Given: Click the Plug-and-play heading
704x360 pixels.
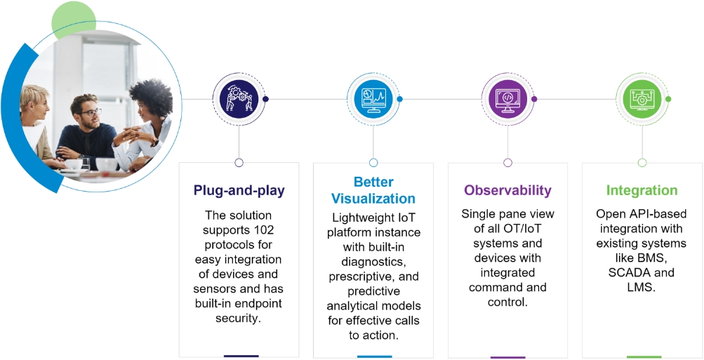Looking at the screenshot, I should [x=239, y=191].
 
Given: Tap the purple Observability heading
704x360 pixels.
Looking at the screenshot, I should [x=507, y=190].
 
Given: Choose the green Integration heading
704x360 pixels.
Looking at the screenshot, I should [x=642, y=190].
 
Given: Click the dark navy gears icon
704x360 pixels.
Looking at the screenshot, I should [x=239, y=99].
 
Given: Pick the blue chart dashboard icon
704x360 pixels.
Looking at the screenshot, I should [x=373, y=99].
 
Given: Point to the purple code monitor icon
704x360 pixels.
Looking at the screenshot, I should [x=507, y=99].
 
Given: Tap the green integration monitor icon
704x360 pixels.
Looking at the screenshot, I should [x=642, y=99].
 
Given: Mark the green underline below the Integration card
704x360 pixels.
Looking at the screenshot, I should [x=644, y=356].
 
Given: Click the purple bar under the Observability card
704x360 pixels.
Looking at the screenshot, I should [x=507, y=356].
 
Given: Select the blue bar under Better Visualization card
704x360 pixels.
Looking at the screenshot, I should [x=374, y=356].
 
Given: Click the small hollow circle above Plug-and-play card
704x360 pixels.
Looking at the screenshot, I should [x=239, y=162].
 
